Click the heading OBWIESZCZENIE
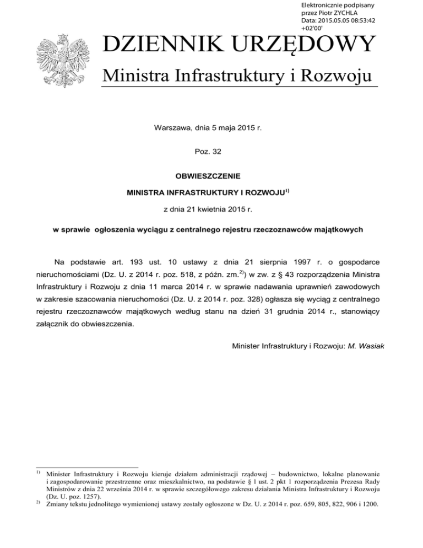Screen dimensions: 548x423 (211, 178)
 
